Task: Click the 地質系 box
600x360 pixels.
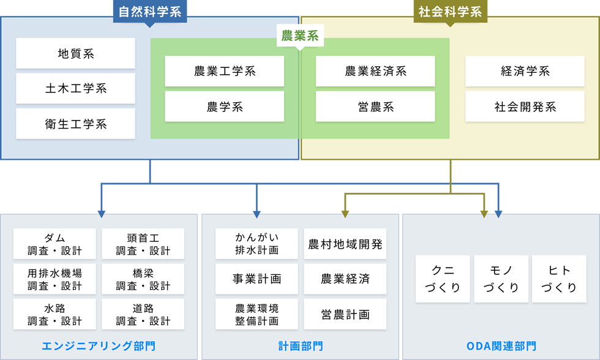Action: pyautogui.click(x=75, y=53)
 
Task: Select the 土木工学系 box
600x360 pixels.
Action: pyautogui.click(x=75, y=89)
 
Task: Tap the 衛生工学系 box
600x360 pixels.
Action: pyautogui.click(x=75, y=124)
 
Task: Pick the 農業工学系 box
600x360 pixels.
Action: pyautogui.click(x=224, y=71)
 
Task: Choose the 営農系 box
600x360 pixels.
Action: pyautogui.click(x=375, y=107)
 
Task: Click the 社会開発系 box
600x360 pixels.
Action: pyautogui.click(x=525, y=107)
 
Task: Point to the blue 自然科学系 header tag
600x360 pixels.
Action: pyautogui.click(x=150, y=12)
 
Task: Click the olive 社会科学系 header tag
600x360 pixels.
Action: pyautogui.click(x=450, y=12)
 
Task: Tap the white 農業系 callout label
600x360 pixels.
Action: pyautogui.click(x=299, y=36)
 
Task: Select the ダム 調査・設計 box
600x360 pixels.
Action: pyautogui.click(x=54, y=244)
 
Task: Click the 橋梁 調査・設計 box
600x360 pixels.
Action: pyautogui.click(x=143, y=279)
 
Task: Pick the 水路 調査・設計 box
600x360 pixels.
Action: pyautogui.click(x=54, y=314)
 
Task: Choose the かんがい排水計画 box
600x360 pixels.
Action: pyautogui.click(x=257, y=244)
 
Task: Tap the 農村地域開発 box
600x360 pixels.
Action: pyautogui.click(x=345, y=244)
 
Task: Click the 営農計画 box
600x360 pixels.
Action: pyautogui.click(x=345, y=314)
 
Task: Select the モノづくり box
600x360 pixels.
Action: pyautogui.click(x=501, y=279)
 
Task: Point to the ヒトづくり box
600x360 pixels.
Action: pyautogui.click(x=559, y=279)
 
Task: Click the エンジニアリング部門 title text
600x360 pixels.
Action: pyautogui.click(x=99, y=346)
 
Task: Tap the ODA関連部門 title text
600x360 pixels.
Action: pyautogui.click(x=501, y=346)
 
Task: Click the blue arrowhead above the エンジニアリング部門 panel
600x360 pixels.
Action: pyautogui.click(x=102, y=214)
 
